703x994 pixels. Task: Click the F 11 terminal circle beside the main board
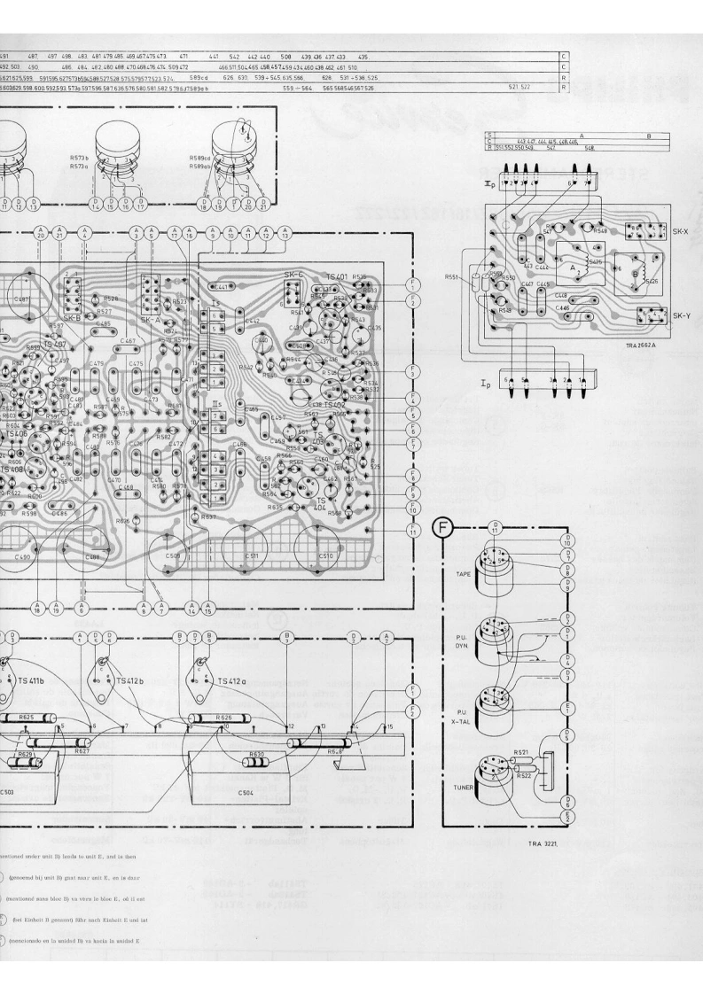pyautogui.click(x=413, y=530)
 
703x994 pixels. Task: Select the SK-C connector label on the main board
pyautogui.click(x=293, y=276)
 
